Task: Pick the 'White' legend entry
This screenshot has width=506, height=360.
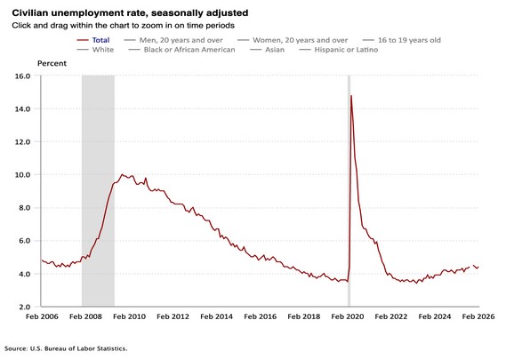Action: tap(101, 50)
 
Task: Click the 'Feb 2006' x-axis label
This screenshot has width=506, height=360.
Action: tap(42, 316)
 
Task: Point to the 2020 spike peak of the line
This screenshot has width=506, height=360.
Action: tap(351, 96)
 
